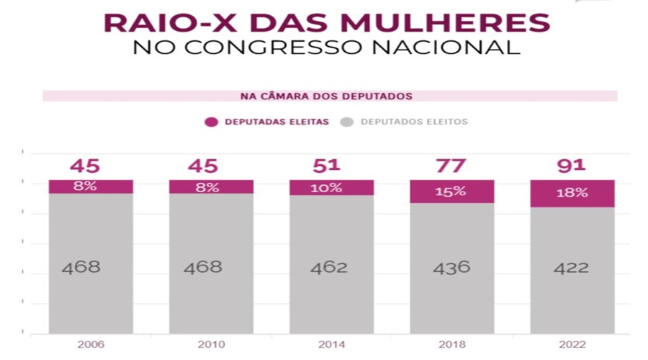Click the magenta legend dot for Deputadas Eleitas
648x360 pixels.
click(212, 122)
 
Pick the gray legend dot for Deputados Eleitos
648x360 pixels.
click(346, 122)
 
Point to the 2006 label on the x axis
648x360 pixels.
click(91, 344)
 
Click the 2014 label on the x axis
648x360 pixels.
click(331, 344)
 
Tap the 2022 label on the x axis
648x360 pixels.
click(572, 344)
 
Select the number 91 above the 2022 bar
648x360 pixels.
click(572, 166)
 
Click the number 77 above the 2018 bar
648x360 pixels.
click(451, 166)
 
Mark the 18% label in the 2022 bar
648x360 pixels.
click(572, 193)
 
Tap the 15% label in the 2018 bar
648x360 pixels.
click(451, 192)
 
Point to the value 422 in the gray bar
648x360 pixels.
click(572, 268)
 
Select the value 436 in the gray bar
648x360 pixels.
click(451, 268)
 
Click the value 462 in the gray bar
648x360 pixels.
click(329, 268)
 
